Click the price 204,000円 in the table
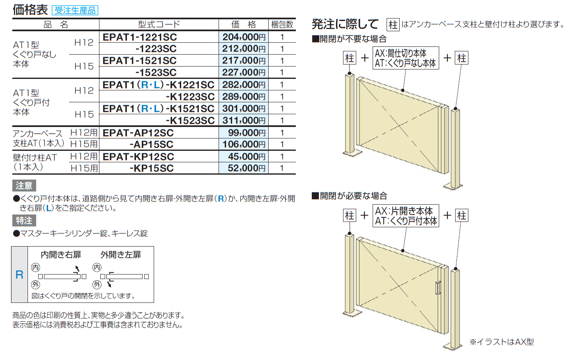[x=244, y=37]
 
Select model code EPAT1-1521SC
[x=140, y=61]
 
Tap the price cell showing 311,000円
[x=244, y=120]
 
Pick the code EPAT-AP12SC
[x=138, y=133]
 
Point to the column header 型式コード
[x=159, y=25]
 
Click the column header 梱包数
[x=282, y=25]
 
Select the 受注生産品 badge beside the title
[x=75, y=10]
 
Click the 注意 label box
[x=24, y=186]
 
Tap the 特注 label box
[x=24, y=221]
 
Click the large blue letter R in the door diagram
[x=19, y=275]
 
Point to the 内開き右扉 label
[x=61, y=255]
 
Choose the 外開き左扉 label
[x=121, y=255]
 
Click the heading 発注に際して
[x=345, y=24]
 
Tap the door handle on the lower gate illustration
[x=438, y=288]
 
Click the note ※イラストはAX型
[x=502, y=342]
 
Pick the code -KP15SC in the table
[x=152, y=168]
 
